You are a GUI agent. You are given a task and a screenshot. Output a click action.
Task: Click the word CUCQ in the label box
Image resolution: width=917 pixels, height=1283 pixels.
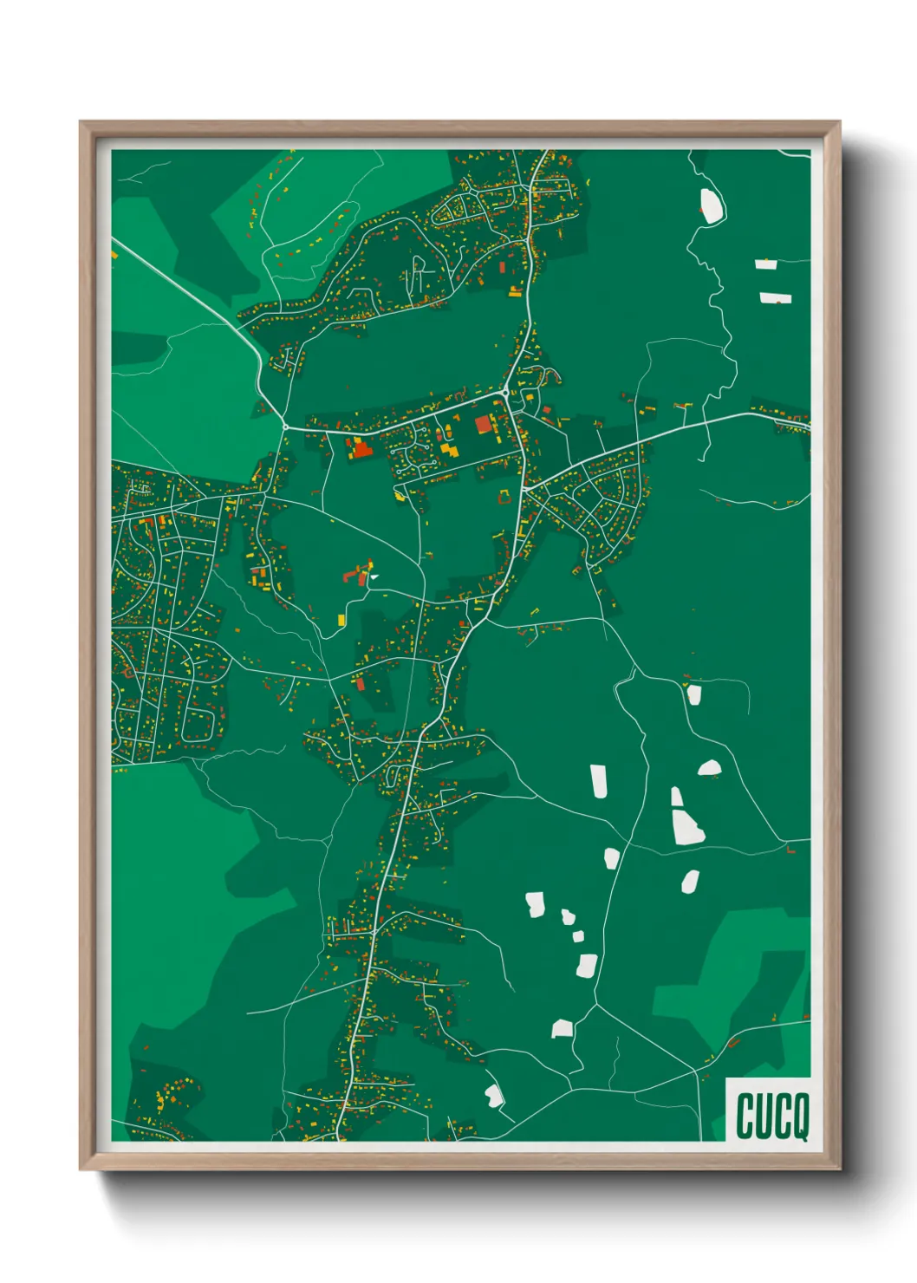(x=772, y=1116)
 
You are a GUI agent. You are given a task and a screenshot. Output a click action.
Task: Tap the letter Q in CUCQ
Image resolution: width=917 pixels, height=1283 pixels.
(x=800, y=1117)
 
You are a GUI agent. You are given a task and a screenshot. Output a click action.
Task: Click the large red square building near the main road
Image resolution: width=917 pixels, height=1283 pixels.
(x=483, y=424)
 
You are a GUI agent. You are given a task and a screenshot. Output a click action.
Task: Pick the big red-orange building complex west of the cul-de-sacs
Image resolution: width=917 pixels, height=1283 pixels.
(x=360, y=448)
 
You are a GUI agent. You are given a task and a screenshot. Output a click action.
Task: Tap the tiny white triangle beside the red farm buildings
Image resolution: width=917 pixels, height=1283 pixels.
(x=374, y=576)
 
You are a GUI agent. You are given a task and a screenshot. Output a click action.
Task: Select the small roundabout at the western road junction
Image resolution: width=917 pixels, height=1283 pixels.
(x=284, y=427)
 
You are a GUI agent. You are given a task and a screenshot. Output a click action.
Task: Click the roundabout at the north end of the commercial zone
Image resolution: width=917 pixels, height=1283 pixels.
(x=505, y=394)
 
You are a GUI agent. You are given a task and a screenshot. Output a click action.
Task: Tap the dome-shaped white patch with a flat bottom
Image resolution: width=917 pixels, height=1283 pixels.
(x=709, y=768)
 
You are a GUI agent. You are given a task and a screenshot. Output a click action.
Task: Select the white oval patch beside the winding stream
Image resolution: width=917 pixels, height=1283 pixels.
(x=712, y=205)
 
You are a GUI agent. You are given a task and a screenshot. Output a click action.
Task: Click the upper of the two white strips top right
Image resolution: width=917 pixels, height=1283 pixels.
(x=765, y=264)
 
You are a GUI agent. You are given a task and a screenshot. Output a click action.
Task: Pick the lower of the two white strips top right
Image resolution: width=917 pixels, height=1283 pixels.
(x=775, y=298)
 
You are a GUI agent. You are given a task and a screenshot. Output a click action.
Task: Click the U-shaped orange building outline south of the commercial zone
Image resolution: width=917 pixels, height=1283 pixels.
(x=504, y=496)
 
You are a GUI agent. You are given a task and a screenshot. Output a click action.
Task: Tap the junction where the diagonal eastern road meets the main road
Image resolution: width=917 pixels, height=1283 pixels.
(x=524, y=491)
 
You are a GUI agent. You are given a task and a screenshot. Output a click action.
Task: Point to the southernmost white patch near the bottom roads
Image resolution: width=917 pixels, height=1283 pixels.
(x=494, y=1096)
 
